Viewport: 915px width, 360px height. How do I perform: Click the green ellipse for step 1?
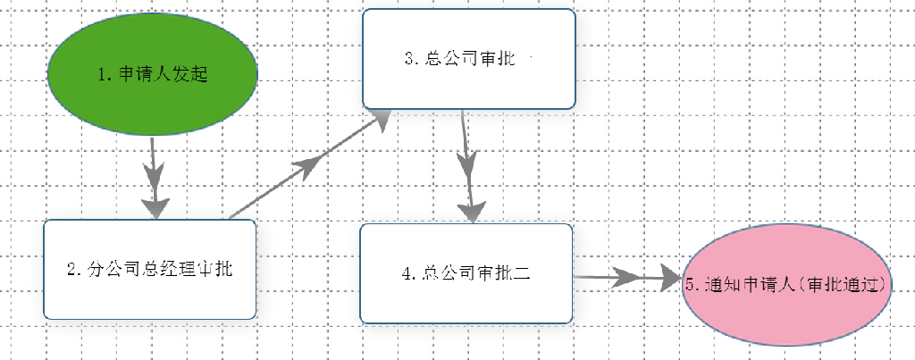coord(152,75)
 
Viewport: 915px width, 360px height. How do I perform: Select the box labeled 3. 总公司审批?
coord(469,59)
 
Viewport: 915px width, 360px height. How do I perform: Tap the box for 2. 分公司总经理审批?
coord(150,270)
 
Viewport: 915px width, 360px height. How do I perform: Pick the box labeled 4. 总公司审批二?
coord(466,273)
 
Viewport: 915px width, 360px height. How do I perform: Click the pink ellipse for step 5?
coord(786,284)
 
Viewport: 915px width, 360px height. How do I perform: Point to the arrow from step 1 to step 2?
coord(154,178)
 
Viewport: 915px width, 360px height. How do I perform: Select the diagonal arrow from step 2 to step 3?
coord(309,164)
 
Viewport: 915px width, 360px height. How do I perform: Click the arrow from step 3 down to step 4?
coord(468,167)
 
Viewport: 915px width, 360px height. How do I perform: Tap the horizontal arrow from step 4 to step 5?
coord(627,278)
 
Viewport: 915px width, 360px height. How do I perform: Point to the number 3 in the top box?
coord(408,59)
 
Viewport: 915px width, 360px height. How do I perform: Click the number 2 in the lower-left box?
coord(71,270)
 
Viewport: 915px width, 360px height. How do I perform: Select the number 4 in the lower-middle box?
coord(407,273)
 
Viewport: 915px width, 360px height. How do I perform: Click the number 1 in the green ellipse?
coord(102,75)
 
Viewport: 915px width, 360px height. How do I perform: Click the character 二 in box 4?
coord(522,273)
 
